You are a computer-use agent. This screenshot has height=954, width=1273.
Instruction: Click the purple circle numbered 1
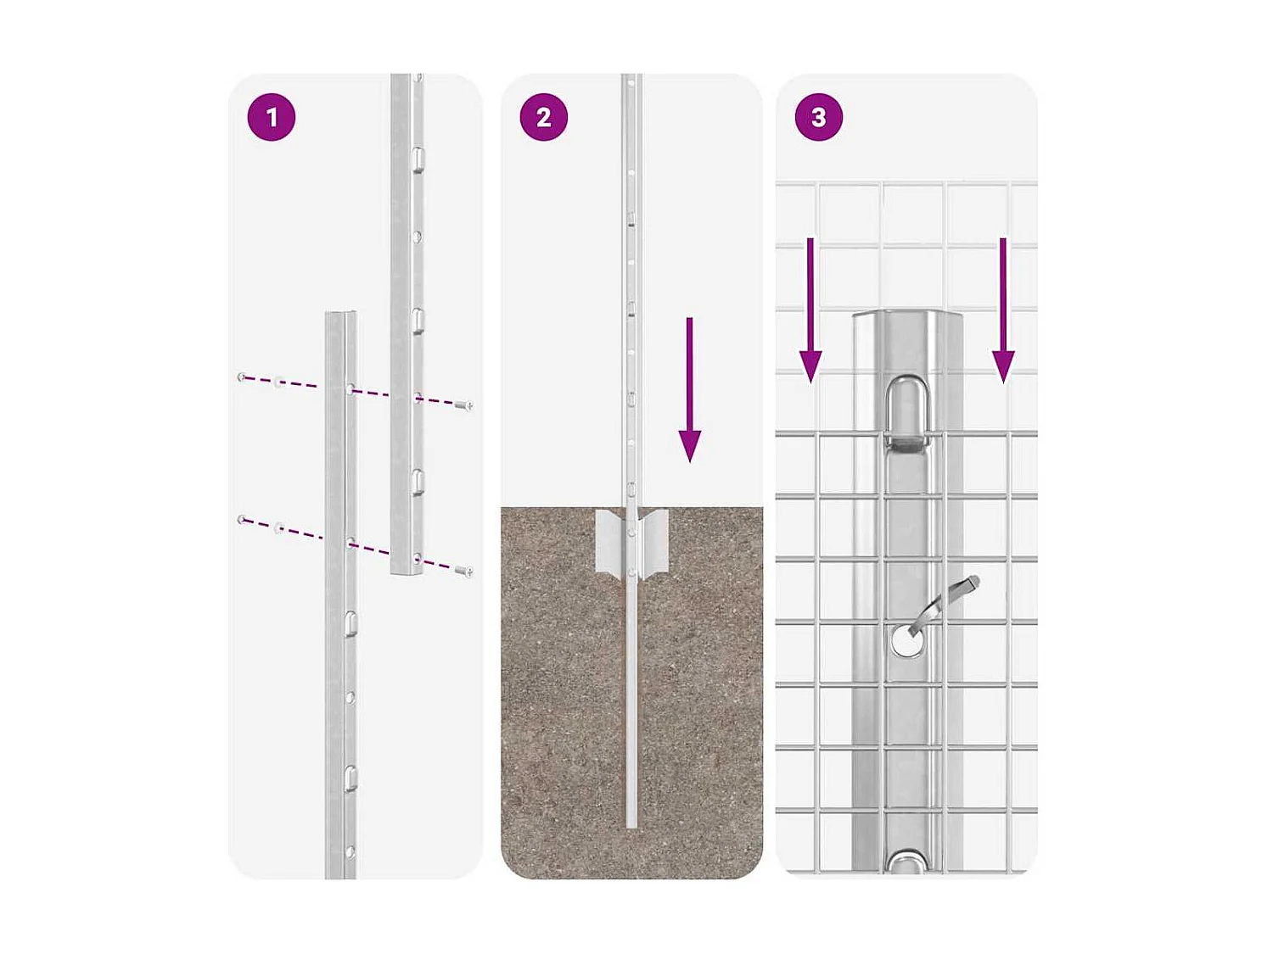point(272,117)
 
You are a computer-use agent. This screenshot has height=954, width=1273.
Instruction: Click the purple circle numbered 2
point(544,117)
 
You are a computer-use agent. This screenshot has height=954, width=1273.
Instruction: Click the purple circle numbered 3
point(819,117)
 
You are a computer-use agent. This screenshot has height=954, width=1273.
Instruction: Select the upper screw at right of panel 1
point(463,406)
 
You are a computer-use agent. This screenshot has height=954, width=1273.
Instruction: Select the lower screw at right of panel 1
point(463,572)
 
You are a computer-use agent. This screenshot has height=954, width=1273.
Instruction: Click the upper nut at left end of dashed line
point(243,377)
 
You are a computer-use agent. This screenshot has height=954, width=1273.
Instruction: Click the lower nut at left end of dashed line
point(243,519)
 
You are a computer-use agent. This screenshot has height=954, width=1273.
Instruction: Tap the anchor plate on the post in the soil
point(631,543)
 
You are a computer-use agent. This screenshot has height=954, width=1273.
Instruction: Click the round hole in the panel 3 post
point(907,641)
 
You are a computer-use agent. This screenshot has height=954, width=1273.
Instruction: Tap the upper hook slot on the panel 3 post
point(907,411)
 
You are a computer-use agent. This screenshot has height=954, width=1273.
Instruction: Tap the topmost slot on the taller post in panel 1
point(418,159)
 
